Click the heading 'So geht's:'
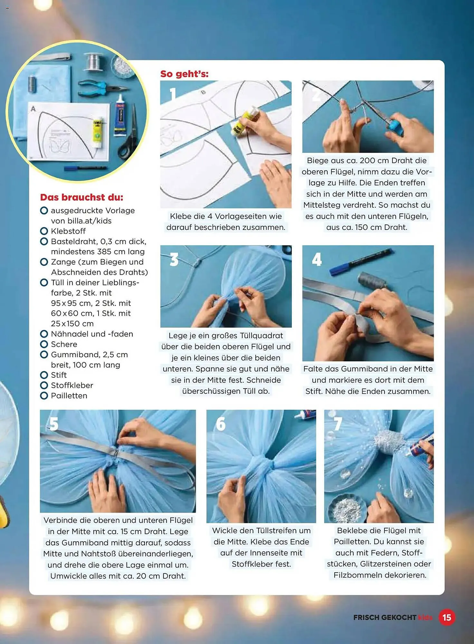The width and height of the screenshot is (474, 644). [x=185, y=74]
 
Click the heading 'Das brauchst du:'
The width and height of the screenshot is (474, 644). [x=81, y=197]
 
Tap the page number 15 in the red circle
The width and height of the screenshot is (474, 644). [x=447, y=617]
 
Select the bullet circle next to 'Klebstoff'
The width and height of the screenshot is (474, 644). [x=44, y=231]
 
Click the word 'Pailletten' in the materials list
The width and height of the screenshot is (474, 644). [x=69, y=395]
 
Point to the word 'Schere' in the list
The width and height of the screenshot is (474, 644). [x=64, y=344]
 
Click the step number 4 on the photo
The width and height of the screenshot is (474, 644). [x=317, y=259]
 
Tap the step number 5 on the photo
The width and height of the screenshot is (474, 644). [x=54, y=424]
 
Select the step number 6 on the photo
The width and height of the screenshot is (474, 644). [x=221, y=424]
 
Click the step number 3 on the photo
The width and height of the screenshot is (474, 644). [x=174, y=259]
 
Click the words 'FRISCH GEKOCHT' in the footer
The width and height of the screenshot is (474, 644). [x=384, y=617]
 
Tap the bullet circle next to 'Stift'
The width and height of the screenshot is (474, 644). [x=44, y=375]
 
